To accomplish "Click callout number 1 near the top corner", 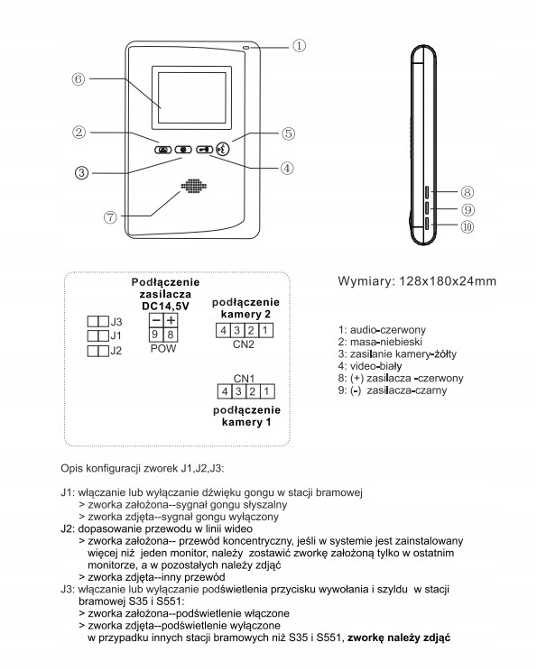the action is tap(299, 45).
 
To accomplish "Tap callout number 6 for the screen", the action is tap(79, 79).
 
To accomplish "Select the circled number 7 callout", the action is tap(110, 217).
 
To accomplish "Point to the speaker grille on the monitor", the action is tap(194, 187).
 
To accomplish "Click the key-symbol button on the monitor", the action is tap(204, 149).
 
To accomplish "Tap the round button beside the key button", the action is tap(223, 149).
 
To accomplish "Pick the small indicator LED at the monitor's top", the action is tap(246, 47).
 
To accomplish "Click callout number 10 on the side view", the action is tap(468, 227).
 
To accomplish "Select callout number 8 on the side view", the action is tap(468, 192).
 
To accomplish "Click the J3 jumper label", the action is tap(116, 322).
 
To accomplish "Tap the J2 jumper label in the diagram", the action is tap(116, 351).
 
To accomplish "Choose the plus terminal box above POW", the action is tap(171, 320).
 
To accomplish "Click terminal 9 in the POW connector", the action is tap(155, 335).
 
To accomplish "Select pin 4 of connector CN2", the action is tap(223, 330).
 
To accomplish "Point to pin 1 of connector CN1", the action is tap(267, 391).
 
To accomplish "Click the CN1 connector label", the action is tap(244, 379).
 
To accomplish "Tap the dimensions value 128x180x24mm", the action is tap(448, 281).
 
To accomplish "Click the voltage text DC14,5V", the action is tap(165, 306).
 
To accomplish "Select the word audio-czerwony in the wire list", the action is tap(388, 330).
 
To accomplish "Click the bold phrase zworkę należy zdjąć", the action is tap(399, 638).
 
